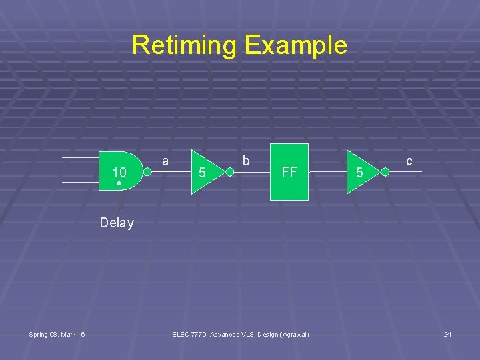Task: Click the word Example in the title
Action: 295,45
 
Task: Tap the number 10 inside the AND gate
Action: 119,173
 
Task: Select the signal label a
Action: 165,161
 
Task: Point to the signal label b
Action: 246,161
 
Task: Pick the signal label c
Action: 409,161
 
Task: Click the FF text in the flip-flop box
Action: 289,172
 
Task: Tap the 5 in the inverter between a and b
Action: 203,173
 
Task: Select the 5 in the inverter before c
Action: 359,173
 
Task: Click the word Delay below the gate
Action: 117,223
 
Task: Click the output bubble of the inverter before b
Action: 229,173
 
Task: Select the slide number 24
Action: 447,334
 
